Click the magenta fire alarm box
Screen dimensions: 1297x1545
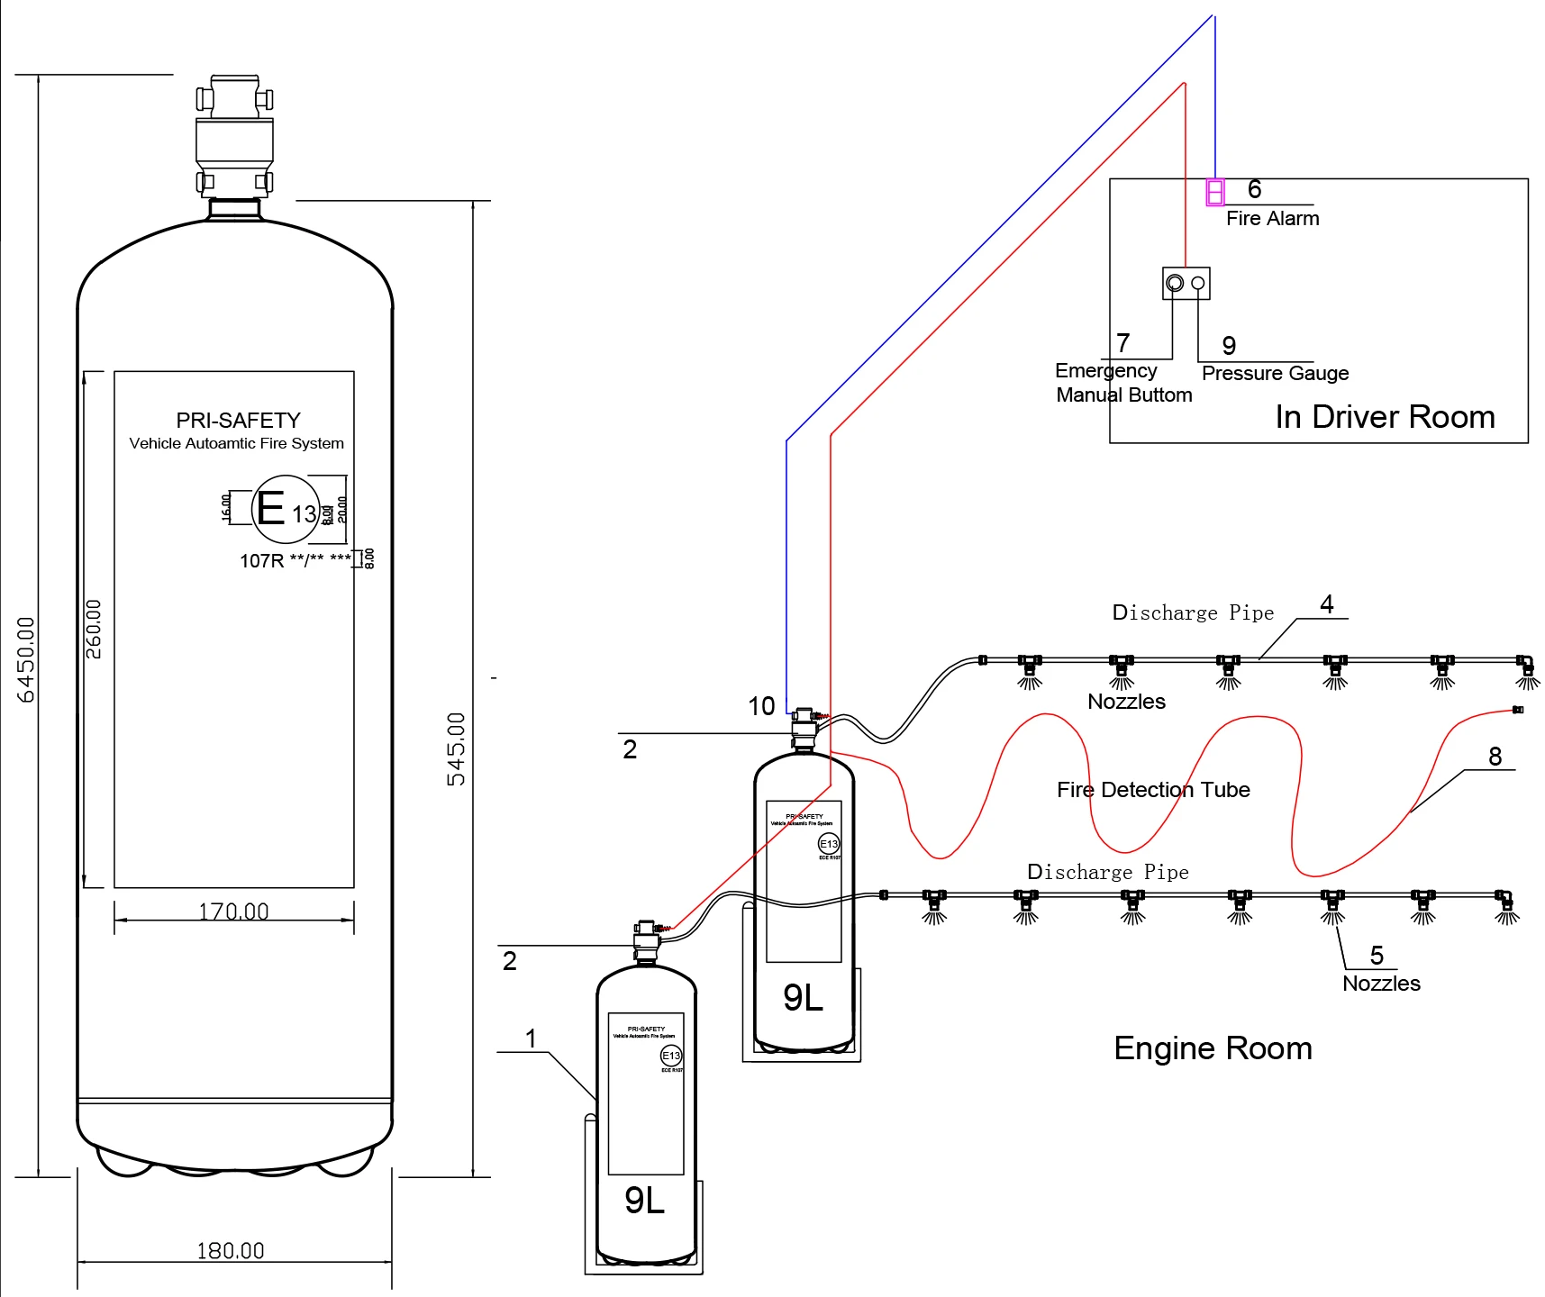(1215, 192)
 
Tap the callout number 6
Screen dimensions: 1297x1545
(1254, 189)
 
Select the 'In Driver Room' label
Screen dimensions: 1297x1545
(1385, 417)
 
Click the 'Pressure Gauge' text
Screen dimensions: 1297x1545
(1275, 373)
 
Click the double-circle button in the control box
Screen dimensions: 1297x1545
(1175, 284)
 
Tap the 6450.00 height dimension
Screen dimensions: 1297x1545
(26, 659)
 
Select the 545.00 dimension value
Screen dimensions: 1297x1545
(457, 748)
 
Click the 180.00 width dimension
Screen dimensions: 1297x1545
(231, 1251)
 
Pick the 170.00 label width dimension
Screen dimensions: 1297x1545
(233, 912)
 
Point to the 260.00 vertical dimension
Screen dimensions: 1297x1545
(94, 629)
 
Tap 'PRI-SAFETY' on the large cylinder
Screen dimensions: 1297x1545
(238, 421)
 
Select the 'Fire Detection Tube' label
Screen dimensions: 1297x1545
(1153, 790)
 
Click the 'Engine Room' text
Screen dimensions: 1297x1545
(1213, 1048)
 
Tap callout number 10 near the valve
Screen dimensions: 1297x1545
(761, 706)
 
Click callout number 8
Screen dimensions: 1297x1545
(1495, 757)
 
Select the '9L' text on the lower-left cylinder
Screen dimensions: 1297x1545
(645, 1201)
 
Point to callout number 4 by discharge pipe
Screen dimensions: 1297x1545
(1326, 604)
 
